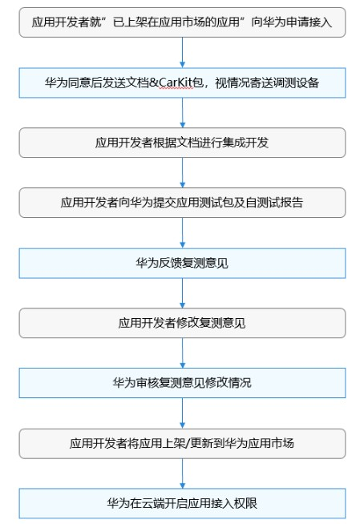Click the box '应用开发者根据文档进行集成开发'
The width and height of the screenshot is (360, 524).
point(182,143)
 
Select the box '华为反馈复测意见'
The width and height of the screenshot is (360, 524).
point(182,263)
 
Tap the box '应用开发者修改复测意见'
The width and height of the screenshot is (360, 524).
point(182,323)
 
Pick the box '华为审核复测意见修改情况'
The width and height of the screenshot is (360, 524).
point(182,383)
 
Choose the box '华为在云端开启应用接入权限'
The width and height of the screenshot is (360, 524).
point(182,503)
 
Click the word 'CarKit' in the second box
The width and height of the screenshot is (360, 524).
point(176,83)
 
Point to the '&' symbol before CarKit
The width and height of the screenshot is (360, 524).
point(154,83)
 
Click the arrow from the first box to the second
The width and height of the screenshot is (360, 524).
point(182,52)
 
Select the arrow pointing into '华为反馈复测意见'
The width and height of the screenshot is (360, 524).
point(182,233)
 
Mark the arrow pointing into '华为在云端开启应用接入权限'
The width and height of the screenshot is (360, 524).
point(182,474)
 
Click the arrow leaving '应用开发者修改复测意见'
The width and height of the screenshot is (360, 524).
point(182,353)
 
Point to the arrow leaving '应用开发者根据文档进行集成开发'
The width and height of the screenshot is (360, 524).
point(182,173)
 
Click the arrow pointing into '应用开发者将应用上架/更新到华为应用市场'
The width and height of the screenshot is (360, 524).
point(182,413)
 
